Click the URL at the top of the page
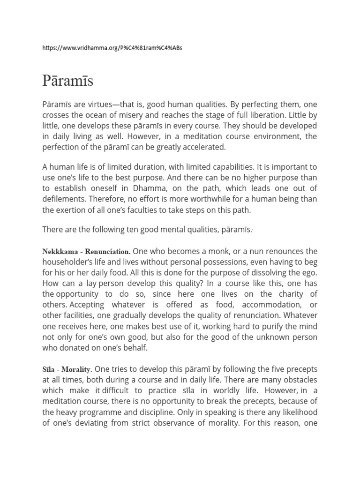(112, 49)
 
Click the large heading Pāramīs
(68, 81)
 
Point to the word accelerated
(203, 147)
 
